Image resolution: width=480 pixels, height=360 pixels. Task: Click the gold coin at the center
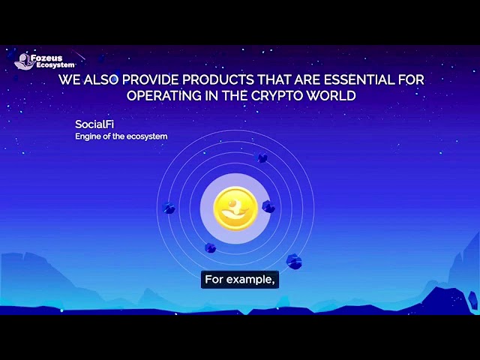(x=235, y=208)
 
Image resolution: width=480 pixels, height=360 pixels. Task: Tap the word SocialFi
(x=94, y=124)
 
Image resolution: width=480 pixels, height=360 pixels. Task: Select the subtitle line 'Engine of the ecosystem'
(x=121, y=136)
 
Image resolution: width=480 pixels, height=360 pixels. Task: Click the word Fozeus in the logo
(x=46, y=58)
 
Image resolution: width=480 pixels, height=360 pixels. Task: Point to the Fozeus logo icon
(x=24, y=61)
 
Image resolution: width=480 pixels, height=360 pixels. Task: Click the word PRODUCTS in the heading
(x=218, y=80)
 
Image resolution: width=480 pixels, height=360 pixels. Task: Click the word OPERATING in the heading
(x=164, y=96)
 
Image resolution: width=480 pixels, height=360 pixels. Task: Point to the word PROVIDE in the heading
(x=150, y=80)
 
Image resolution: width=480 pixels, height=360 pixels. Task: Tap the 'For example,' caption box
(x=240, y=280)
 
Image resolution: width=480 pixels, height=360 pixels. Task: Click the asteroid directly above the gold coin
(x=262, y=158)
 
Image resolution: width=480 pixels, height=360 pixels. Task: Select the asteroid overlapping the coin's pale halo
(x=268, y=207)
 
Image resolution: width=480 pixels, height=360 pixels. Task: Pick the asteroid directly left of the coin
(x=169, y=208)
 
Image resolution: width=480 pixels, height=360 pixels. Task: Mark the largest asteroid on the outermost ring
(x=294, y=262)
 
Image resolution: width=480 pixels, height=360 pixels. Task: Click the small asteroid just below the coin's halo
(x=210, y=247)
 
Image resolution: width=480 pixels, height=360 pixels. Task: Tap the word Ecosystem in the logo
(x=55, y=65)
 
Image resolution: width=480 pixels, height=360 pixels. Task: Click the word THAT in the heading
(x=274, y=80)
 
